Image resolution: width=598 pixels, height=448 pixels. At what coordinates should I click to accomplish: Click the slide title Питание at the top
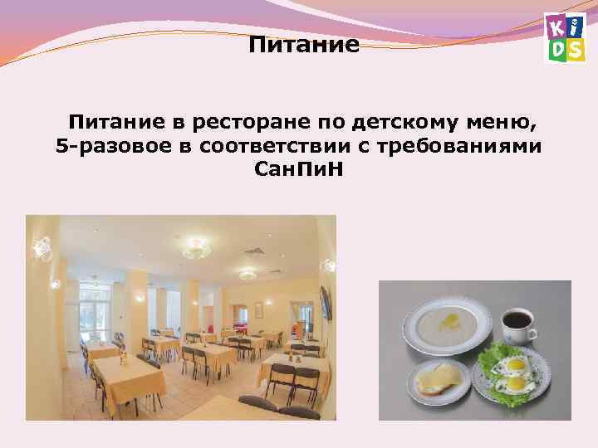coord(304,44)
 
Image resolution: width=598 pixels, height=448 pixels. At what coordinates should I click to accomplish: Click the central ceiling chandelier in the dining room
coord(194,246)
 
